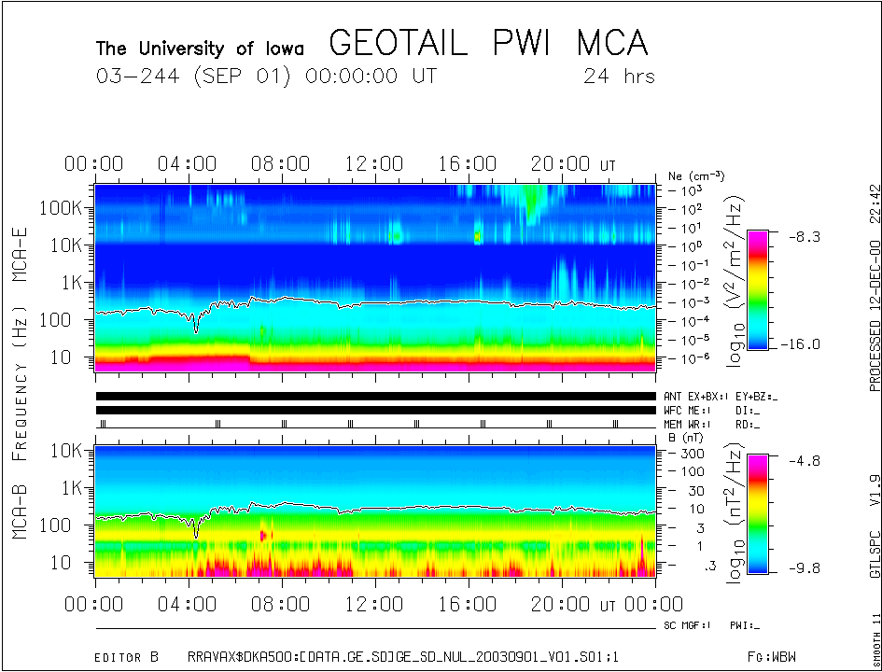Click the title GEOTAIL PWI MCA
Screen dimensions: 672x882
[488, 43]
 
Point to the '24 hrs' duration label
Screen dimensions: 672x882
[619, 76]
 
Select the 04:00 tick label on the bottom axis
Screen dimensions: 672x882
[189, 604]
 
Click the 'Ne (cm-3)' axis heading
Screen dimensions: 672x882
[696, 175]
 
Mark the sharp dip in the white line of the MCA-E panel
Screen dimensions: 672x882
[196, 329]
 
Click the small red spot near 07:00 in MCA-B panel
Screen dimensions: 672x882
[263, 535]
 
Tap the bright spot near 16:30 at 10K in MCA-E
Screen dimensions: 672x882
[479, 237]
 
